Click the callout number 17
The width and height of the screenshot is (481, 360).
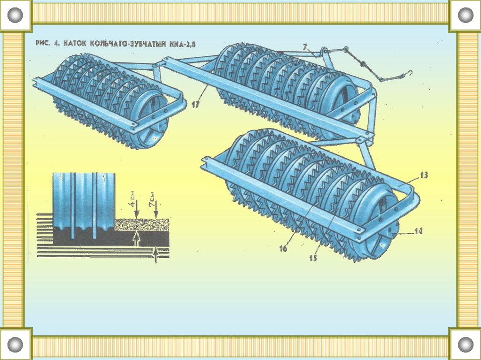195,105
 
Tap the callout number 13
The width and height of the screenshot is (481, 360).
424,175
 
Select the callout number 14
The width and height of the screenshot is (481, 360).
418,230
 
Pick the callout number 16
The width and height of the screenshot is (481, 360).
283,249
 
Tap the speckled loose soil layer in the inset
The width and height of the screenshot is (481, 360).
141,224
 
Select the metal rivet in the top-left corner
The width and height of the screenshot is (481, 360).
16,15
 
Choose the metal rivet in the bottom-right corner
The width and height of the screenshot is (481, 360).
465,344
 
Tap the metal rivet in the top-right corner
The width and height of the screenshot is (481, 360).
465,15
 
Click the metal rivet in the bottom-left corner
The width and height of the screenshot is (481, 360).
16,344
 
